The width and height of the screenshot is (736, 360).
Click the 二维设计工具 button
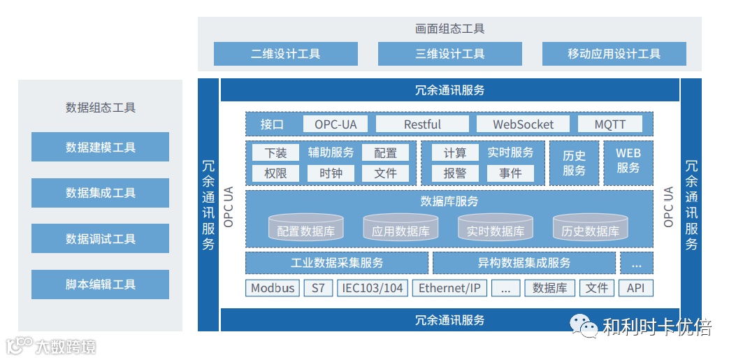coord(285,54)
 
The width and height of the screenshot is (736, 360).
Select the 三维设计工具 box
coord(449,54)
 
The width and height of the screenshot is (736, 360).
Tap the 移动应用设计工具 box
coord(614,54)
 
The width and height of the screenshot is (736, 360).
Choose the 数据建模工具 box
coord(100,147)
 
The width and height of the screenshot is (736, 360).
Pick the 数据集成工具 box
coord(100,193)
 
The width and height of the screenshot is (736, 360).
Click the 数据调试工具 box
coord(100,238)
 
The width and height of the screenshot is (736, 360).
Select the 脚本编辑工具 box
coord(100,285)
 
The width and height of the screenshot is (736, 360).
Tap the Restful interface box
coord(422,124)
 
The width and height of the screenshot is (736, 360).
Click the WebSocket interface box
coord(523,124)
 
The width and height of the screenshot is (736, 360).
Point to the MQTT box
coord(610,124)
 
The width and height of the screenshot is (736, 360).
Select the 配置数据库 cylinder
coord(305,228)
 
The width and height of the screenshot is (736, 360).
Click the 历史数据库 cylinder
coord(590,228)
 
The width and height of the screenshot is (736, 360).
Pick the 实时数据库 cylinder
coord(495,228)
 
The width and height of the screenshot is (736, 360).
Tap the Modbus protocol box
coord(273,288)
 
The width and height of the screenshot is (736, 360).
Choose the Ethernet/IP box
coord(449,288)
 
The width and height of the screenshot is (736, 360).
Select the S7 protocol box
coord(318,288)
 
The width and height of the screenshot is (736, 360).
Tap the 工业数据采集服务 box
coord(336,263)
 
